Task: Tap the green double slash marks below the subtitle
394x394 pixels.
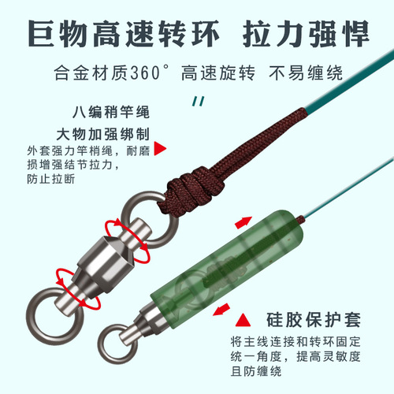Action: point(199,100)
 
